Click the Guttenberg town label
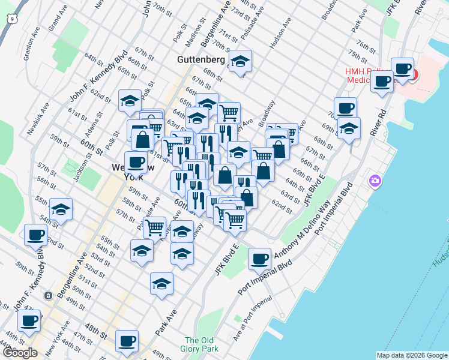(x=201, y=60)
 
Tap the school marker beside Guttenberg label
(x=240, y=62)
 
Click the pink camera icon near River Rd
(x=376, y=181)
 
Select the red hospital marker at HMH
(x=412, y=75)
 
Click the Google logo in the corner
(x=20, y=353)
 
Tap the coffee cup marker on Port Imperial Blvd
(x=259, y=260)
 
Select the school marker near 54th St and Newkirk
(x=61, y=210)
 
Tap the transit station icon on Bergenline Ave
(x=47, y=295)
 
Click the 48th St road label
(x=96, y=330)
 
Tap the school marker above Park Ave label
(x=161, y=284)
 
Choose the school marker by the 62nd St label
(x=130, y=101)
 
